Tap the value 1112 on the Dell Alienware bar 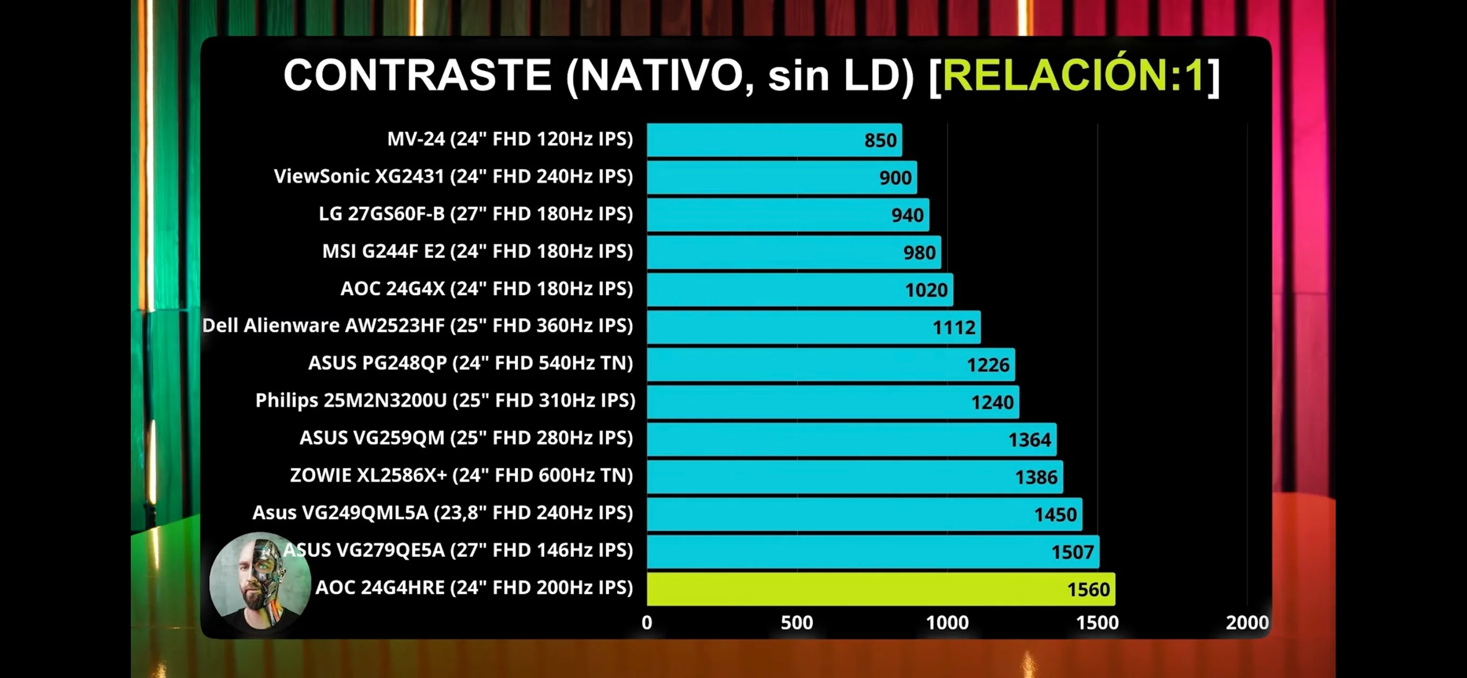[x=953, y=328]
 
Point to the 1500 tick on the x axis [x=1097, y=622]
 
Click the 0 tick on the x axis [x=647, y=622]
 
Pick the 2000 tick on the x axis [x=1247, y=622]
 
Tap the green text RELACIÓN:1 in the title [x=1073, y=75]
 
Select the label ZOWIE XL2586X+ [x=461, y=475]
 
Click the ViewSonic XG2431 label [x=453, y=176]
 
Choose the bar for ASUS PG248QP [x=831, y=365]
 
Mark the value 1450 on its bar [x=1055, y=515]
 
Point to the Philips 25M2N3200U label [x=445, y=401]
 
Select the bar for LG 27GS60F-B [x=788, y=215]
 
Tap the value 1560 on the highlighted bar [x=1088, y=589]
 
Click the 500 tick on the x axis [x=797, y=622]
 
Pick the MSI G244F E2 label [x=477, y=251]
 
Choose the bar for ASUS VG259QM [x=851, y=439]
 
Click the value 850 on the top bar [x=880, y=140]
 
